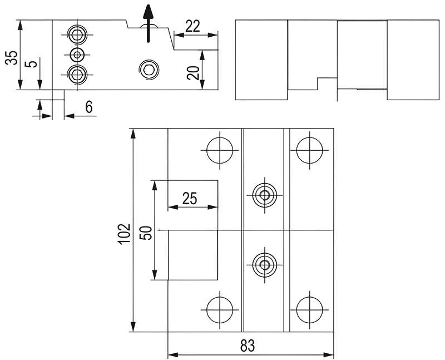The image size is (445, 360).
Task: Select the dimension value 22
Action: [193, 26]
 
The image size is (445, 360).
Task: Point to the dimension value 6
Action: [88, 107]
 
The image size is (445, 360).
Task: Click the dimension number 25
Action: [189, 199]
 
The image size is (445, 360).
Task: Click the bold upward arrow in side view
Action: [148, 23]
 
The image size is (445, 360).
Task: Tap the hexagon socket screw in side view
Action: [149, 69]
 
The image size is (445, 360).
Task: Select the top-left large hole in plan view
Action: [220, 149]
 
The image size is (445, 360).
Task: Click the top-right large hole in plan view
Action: [309, 149]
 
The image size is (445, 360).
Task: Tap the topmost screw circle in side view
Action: [77, 34]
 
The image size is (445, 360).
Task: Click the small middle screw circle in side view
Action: [77, 54]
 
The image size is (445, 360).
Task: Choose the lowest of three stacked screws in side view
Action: [77, 74]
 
